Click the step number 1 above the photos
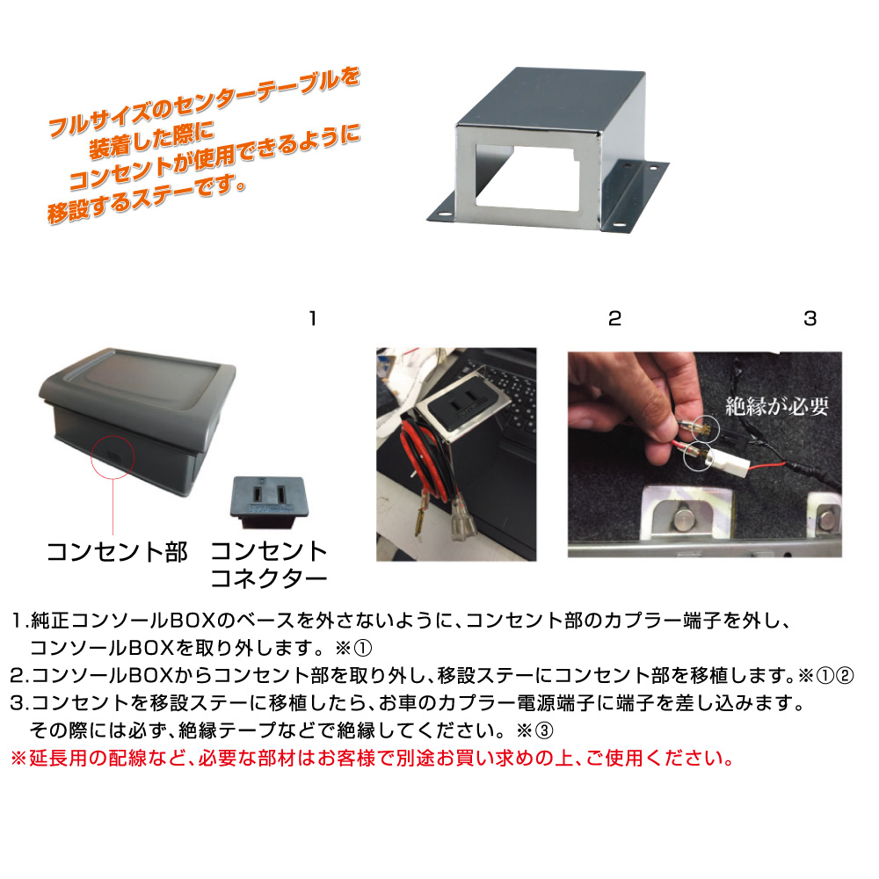pyautogui.click(x=313, y=318)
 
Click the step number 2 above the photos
pyautogui.click(x=615, y=318)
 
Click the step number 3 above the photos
pyautogui.click(x=810, y=318)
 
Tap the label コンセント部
pyautogui.click(x=117, y=552)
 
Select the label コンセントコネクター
pyautogui.click(x=269, y=564)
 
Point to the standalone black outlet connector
pyautogui.click(x=269, y=501)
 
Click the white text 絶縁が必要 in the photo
pyautogui.click(x=777, y=406)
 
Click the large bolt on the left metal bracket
pyautogui.click(x=684, y=519)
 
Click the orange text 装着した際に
pyautogui.click(x=151, y=141)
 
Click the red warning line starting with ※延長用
pyautogui.click(x=372, y=759)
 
